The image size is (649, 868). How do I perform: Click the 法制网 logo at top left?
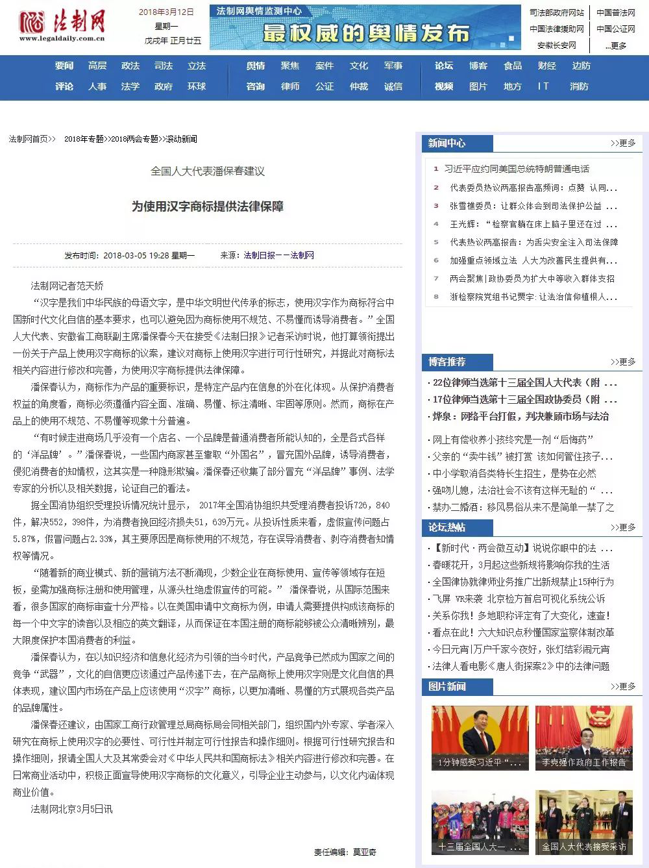pos(62,25)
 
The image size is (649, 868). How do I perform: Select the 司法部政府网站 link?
pos(556,12)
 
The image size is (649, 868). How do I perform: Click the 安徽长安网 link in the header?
pos(556,45)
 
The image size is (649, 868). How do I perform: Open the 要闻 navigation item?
pos(64,66)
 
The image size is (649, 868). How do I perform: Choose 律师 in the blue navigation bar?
pos(290,86)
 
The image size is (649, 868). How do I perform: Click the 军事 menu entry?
pos(393,66)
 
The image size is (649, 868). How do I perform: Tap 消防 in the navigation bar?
pos(579,86)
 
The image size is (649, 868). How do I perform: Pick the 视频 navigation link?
pos(444,86)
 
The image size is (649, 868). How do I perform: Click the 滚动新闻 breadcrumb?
pos(182,139)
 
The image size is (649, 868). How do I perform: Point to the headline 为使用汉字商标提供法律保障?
pos(208,206)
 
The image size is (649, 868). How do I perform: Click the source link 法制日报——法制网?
pos(279,255)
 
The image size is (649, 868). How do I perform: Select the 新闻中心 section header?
pos(447,143)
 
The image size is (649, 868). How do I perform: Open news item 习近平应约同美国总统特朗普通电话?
pos(517,169)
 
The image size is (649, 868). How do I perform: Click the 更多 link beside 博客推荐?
pos(623,362)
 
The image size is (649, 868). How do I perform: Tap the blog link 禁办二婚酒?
pos(523,507)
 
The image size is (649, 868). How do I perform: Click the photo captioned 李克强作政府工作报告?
pos(583,738)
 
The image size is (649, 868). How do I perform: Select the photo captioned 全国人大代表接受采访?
pos(583,822)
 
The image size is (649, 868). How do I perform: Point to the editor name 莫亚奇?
pos(365,852)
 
